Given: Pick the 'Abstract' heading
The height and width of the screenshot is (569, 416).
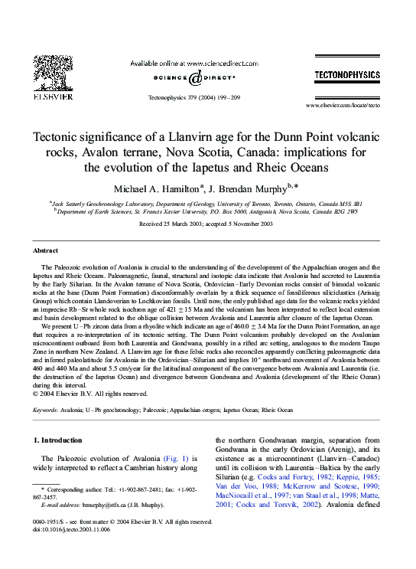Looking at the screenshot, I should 45,250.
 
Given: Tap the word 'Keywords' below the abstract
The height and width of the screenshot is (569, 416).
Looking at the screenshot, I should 48,410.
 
